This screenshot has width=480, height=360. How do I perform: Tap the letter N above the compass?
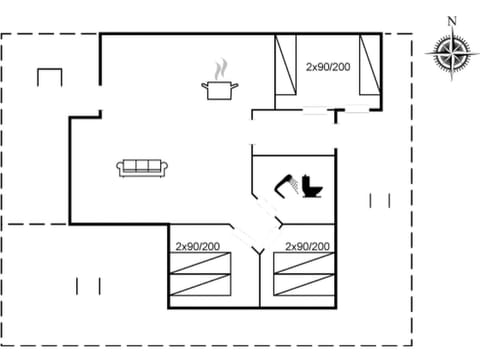coord(452,21)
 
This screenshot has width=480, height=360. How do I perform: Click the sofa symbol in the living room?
coord(142,168)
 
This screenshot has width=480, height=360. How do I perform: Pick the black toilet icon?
coord(311,187)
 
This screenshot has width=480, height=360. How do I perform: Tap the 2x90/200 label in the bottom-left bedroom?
coord(197,245)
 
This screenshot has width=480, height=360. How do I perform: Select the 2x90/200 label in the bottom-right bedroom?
coord(307,245)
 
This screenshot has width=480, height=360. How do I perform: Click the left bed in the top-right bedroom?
coord(288,68)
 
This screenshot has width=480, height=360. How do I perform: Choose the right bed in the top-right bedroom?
coord(370,68)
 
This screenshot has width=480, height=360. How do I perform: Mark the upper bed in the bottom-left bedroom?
coord(200,264)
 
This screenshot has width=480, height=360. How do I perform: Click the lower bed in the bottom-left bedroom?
coord(200,287)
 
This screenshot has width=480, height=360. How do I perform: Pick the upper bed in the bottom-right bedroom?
coord(302,264)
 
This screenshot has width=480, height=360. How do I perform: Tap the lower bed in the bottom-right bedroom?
coord(302,287)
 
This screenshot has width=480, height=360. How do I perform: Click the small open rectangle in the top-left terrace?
coord(49,77)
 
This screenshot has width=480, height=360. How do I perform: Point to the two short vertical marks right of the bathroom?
coord(379,200)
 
